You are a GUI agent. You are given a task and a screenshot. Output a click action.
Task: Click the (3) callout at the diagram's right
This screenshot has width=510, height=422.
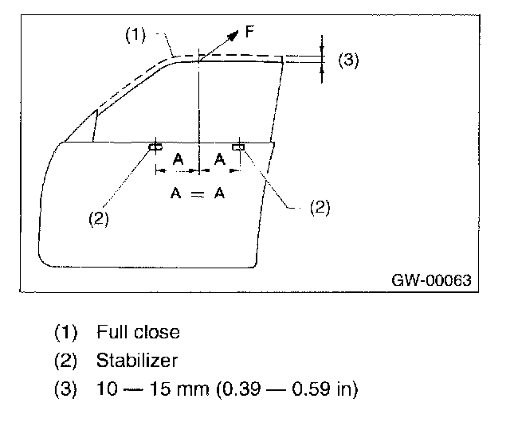(x=348, y=61)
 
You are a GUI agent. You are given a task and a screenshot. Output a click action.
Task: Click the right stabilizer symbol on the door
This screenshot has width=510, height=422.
(x=237, y=147)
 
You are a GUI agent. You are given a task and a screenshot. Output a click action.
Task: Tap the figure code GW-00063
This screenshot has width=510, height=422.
(x=431, y=280)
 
